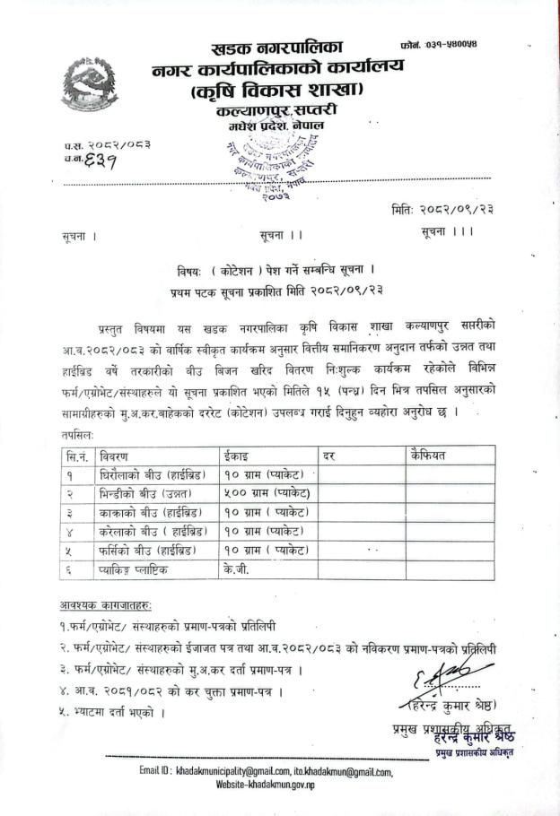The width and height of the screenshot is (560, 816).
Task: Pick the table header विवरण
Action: (x=118, y=456)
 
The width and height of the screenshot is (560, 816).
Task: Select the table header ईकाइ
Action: (x=237, y=456)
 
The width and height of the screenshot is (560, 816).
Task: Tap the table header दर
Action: (x=330, y=456)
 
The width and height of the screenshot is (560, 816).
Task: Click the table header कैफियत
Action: (x=432, y=455)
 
